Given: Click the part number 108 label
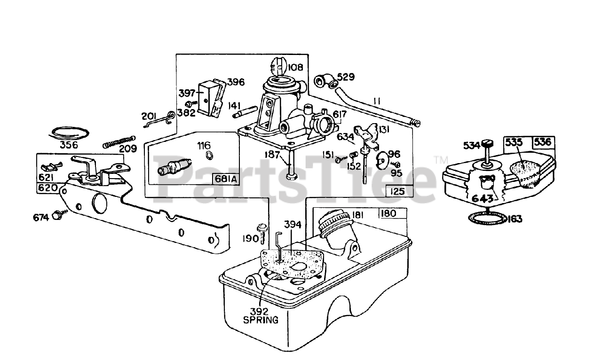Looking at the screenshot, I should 296,67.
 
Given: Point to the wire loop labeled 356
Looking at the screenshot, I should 70,133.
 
